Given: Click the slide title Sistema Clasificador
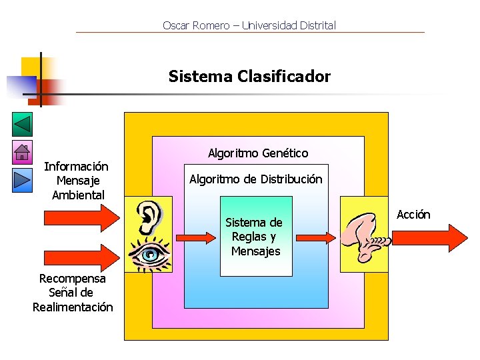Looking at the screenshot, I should pos(249,77).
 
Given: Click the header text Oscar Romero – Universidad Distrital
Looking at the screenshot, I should pos(249,26).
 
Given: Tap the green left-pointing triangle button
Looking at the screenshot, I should pos(22,125).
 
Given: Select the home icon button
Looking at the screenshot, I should pos(22,153).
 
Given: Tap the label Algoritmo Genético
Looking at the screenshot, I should pos(258,153).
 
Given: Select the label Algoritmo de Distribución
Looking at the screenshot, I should pos(255,179).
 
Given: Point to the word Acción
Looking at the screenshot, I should pos(413,215).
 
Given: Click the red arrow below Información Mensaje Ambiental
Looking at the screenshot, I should pos(81,218).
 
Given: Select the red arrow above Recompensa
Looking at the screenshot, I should pos(81,257).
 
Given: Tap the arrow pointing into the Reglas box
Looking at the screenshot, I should pos(197,237).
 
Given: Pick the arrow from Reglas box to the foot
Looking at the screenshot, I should pos(315,237).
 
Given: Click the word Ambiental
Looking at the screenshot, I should pos(78,195).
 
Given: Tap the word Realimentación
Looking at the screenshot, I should pos(73,307).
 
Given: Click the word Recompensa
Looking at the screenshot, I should pos(73,279).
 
